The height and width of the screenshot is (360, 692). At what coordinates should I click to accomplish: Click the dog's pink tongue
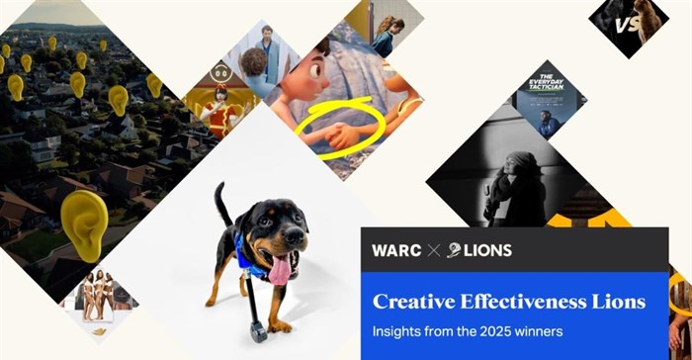(x=279, y=268)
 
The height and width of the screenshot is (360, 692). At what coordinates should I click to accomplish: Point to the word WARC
(x=395, y=251)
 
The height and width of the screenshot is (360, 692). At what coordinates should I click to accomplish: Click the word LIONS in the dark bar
(x=483, y=251)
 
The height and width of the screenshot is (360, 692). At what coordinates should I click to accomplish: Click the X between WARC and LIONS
(x=432, y=251)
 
